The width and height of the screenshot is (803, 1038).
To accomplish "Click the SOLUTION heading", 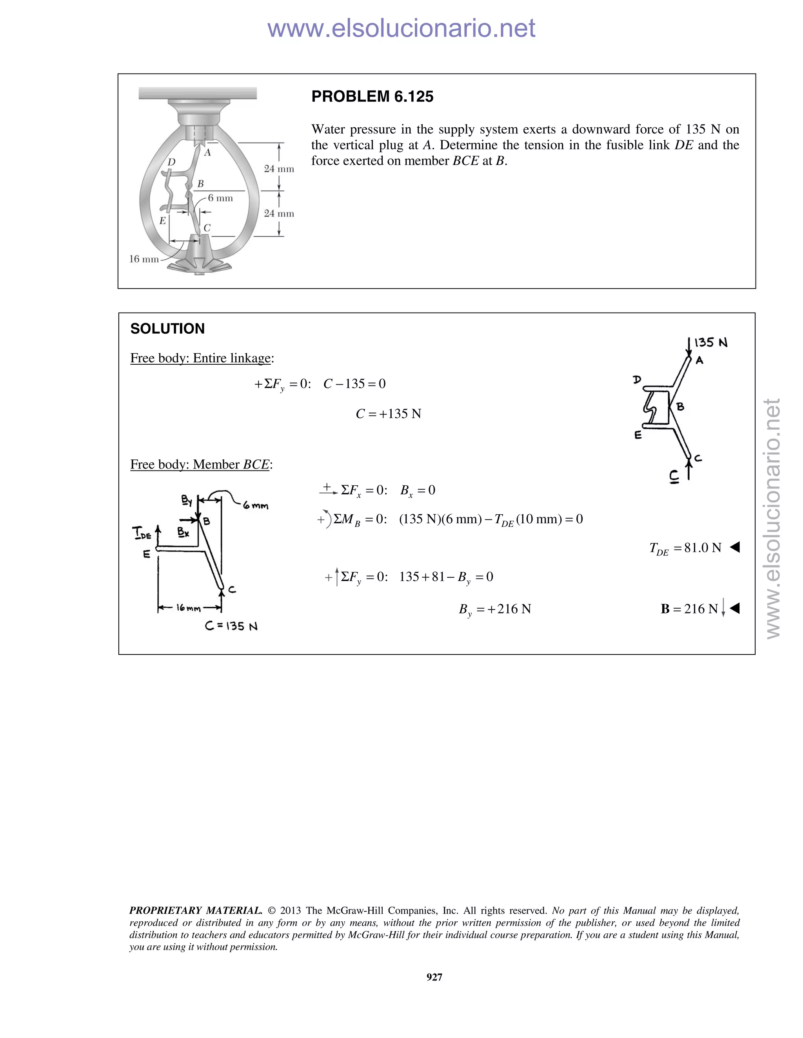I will [167, 329].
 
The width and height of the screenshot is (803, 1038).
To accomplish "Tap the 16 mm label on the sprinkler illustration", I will [144, 259].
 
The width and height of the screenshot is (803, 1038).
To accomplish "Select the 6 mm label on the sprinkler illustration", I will [220, 198].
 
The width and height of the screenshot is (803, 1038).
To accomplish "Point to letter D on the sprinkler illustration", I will [171, 162].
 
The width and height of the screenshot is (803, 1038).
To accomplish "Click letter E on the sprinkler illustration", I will [163, 221].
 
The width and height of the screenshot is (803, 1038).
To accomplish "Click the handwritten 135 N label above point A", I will [711, 343].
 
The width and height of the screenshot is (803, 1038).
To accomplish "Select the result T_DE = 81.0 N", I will [685, 548].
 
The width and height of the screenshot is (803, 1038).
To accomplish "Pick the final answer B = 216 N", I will [689, 609].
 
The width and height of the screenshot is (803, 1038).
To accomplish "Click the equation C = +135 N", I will [388, 414].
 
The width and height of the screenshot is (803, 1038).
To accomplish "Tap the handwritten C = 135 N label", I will [231, 626].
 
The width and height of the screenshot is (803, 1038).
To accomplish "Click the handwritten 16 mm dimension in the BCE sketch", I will [188, 608].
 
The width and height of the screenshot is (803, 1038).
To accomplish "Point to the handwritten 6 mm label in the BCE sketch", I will [256, 506].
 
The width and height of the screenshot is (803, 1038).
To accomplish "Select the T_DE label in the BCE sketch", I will [142, 533].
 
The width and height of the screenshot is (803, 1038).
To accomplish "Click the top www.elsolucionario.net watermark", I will [401, 28].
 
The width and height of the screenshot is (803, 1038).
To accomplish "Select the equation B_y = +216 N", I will [495, 609].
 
